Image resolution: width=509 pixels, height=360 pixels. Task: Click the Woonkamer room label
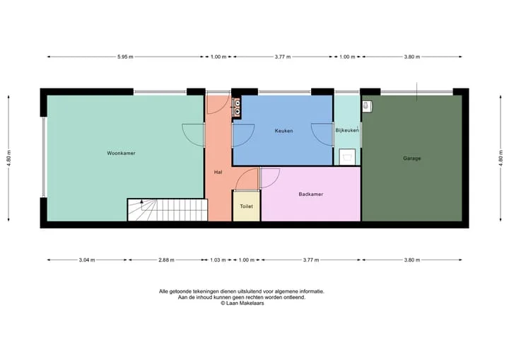pyautogui.click(x=121, y=153)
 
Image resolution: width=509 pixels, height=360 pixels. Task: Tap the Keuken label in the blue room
pyautogui.click(x=283, y=131)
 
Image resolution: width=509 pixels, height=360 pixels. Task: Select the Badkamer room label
pyautogui.click(x=310, y=194)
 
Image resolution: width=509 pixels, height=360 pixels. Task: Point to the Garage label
pyautogui.click(x=411, y=158)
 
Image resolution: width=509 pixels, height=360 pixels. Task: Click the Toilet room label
pyautogui.click(x=246, y=207)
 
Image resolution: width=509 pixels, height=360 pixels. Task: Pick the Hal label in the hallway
pyautogui.click(x=218, y=172)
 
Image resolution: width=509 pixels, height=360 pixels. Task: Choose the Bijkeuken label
pyautogui.click(x=347, y=130)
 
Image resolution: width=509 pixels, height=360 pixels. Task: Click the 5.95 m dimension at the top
pyautogui.click(x=125, y=57)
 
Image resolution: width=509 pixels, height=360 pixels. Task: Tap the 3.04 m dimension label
pyautogui.click(x=87, y=260)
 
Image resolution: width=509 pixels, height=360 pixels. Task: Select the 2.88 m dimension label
pyautogui.click(x=167, y=260)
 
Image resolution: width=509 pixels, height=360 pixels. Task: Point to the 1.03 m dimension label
pyautogui.click(x=218, y=260)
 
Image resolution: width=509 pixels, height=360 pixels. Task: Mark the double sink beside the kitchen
pyautogui.click(x=238, y=107)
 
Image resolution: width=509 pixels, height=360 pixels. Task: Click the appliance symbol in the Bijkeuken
pyautogui.click(x=347, y=157)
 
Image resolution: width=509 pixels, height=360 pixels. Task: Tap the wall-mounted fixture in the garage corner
pyautogui.click(x=367, y=106)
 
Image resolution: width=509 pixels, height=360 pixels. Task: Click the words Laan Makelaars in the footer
pyautogui.click(x=245, y=303)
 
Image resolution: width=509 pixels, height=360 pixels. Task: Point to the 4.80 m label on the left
pyautogui.click(x=8, y=158)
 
